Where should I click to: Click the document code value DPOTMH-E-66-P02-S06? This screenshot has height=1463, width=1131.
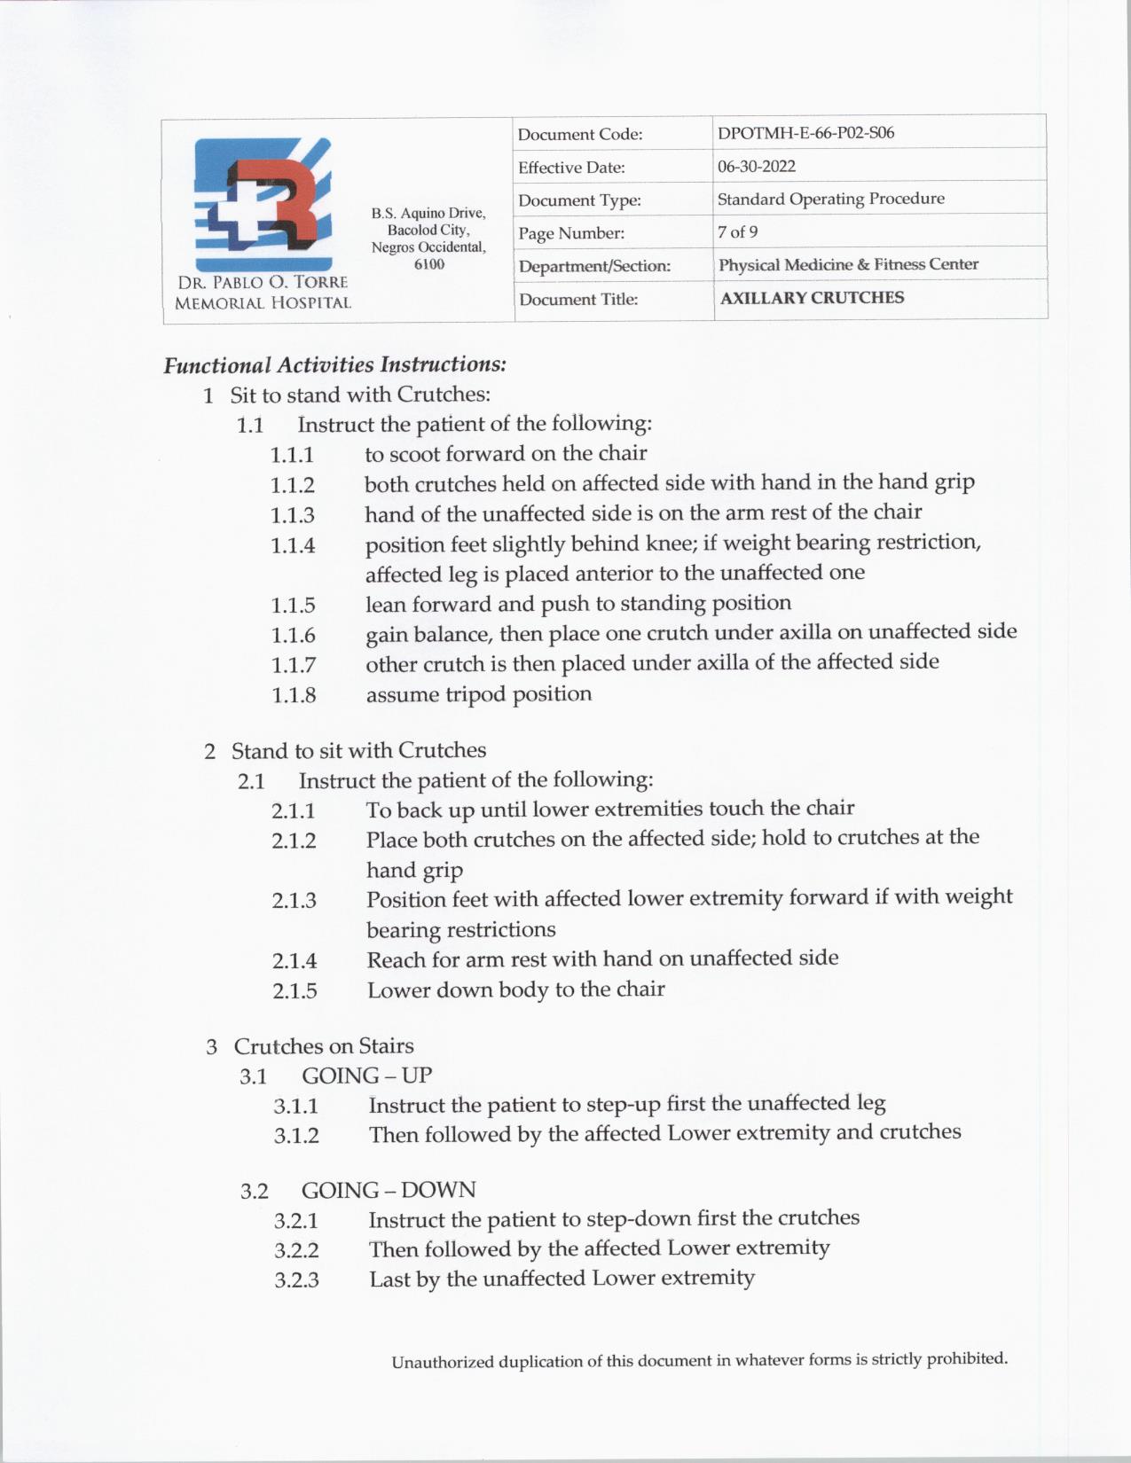[x=805, y=133]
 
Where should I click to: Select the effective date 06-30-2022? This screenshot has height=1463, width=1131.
[x=757, y=166]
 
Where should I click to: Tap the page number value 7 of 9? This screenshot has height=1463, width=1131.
[x=737, y=232]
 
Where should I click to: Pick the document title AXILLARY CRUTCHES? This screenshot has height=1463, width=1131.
[x=812, y=298]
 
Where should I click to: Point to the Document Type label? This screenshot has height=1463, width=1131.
[x=579, y=200]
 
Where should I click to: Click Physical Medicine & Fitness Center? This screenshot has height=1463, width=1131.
[x=848, y=264]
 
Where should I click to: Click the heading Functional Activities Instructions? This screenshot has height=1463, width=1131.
[x=334, y=364]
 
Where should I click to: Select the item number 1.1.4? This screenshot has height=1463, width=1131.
[x=293, y=546]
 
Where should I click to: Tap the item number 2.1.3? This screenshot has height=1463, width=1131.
[x=294, y=901]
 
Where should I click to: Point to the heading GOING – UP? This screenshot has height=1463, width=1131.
[x=366, y=1076]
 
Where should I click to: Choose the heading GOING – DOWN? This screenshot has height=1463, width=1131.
[x=388, y=1190]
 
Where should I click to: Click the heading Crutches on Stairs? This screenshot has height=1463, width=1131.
[x=323, y=1046]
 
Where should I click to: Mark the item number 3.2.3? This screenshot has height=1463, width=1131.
[x=296, y=1280]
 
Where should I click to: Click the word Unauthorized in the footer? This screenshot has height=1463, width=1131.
[x=442, y=1362]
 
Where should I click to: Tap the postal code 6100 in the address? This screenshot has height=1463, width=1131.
[x=429, y=264]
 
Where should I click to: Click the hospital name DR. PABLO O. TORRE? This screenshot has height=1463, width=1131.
[x=263, y=282]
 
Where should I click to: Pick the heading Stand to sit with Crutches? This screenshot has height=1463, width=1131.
[x=358, y=751]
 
